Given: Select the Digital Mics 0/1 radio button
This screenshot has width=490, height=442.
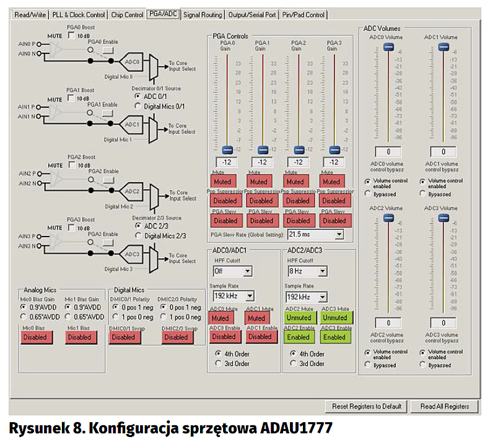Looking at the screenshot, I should pos(138,106).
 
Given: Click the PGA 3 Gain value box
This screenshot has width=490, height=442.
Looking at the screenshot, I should pos(334,162).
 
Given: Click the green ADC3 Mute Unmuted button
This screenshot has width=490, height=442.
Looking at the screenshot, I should pos(334,317).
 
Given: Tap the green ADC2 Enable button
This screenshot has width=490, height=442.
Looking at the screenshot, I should pos(298,337).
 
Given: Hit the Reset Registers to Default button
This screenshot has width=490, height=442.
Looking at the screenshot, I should pos(365,406).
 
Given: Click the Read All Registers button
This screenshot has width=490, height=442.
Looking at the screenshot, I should pos(444,406).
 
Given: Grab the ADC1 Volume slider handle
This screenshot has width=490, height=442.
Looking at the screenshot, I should pos(444,48).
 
